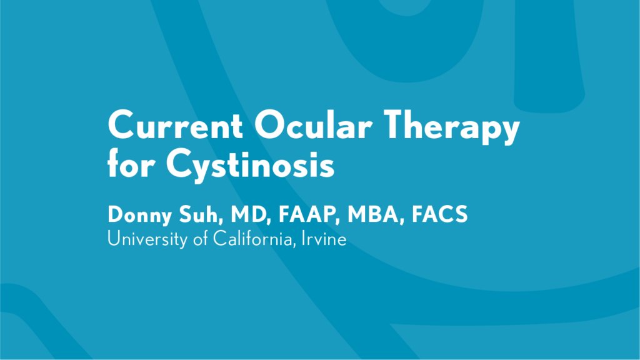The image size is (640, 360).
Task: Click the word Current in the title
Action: pos(176,125)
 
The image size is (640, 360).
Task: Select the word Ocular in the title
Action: pos(314,124)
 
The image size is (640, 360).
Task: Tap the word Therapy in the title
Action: pos(451,127)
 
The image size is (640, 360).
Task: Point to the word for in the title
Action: pos(131,162)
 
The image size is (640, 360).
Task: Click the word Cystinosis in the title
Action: pos(250,165)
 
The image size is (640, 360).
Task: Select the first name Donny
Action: pos(139,215)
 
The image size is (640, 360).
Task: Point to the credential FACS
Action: pos(439,214)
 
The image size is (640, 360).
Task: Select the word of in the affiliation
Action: pos(201,239)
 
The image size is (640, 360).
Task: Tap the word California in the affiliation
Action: pos(254,239)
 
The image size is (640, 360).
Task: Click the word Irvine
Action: pos(324,239)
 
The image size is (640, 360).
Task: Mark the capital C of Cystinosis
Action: pos(180,162)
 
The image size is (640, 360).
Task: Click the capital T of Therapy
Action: pos(396,124)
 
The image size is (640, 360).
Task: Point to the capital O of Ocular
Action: pos(270,124)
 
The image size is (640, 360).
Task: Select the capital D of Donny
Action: pos(116,214)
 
